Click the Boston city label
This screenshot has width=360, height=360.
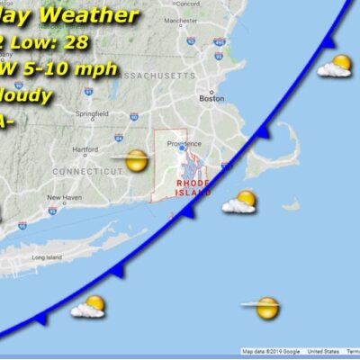(211, 98)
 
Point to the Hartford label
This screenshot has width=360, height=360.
(85, 149)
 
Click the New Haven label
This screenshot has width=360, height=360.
(64, 196)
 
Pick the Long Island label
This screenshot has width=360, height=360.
(45, 257)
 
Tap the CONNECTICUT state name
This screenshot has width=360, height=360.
(88, 170)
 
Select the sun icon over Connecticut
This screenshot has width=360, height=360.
(136, 161)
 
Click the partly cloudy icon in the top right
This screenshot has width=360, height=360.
(337, 66)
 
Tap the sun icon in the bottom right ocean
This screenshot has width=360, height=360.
(265, 308)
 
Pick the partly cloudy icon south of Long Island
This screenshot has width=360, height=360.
(90, 307)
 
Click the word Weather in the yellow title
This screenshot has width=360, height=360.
(97, 15)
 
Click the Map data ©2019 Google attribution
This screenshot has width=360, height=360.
(273, 351)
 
